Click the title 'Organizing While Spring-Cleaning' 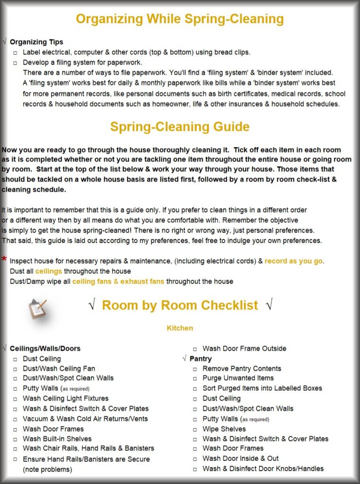[x=180, y=19]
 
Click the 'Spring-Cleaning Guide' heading [x=180, y=127]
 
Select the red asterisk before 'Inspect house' [x=4, y=259]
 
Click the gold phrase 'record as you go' [x=294, y=261]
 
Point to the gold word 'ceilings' [x=48, y=271]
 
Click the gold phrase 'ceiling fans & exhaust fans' [x=118, y=281]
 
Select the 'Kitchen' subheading [x=180, y=328]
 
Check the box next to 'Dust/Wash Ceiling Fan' [x=15, y=369]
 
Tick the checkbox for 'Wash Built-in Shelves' [x=15, y=439]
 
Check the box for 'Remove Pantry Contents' [x=195, y=369]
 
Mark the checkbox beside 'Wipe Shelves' [x=195, y=429]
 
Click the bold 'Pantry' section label [x=201, y=359]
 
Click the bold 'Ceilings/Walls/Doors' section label [x=45, y=348]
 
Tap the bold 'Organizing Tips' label [x=36, y=42]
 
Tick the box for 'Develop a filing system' [x=15, y=62]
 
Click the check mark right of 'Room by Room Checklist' [x=269, y=305]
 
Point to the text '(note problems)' [x=47, y=469]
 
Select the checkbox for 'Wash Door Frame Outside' [x=195, y=349]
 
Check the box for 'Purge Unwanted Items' [x=195, y=378]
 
